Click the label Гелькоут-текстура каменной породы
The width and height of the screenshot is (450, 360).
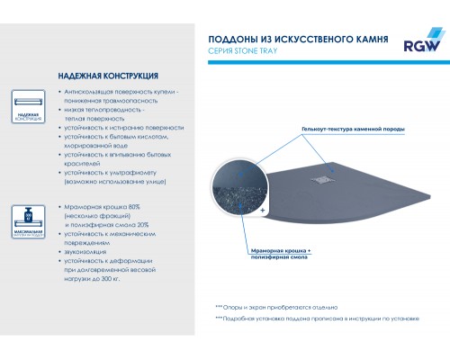click(355, 130)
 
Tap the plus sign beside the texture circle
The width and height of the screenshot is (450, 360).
click(263, 209)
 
